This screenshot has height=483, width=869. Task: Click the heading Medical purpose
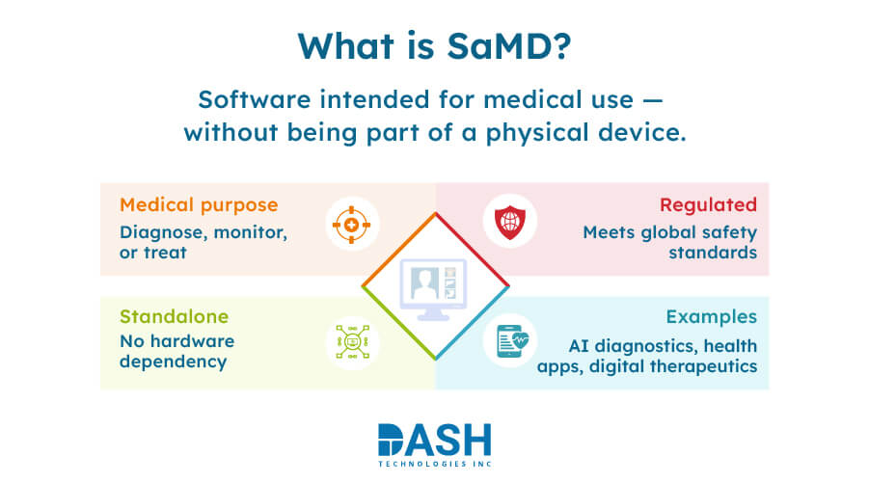(x=199, y=204)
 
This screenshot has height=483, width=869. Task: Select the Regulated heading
(x=708, y=204)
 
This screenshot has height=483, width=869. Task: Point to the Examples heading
(x=712, y=316)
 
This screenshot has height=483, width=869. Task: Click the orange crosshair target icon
(x=351, y=226)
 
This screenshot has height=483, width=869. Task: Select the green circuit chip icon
(x=351, y=342)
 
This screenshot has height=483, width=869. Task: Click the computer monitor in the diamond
(x=434, y=287)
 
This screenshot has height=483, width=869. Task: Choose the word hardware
(x=190, y=341)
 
